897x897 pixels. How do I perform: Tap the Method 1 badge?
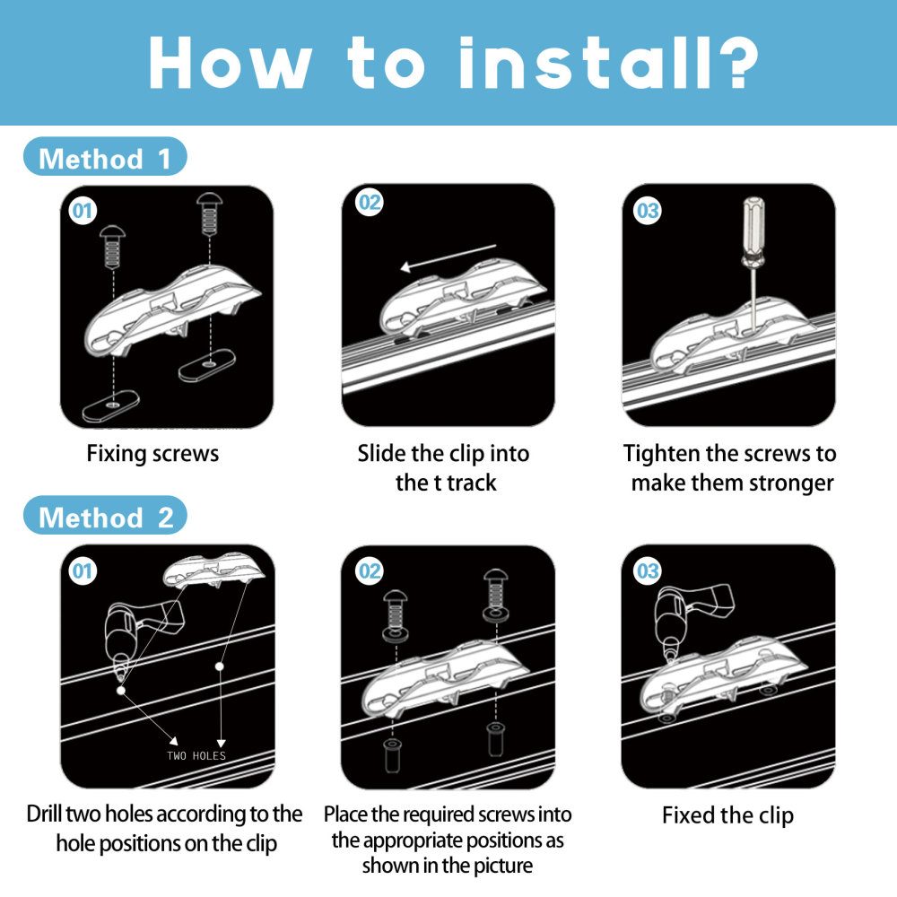click(105, 156)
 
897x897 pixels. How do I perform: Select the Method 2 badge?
click(105, 516)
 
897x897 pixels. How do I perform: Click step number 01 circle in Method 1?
click(83, 211)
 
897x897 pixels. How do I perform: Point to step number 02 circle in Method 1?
click(370, 203)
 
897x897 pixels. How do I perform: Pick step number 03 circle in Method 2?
click(648, 570)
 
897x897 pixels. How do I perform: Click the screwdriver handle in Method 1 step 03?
click(753, 225)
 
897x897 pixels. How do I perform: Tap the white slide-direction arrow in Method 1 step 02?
click(448, 257)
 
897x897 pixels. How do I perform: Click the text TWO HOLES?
click(196, 755)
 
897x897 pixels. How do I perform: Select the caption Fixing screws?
click(152, 454)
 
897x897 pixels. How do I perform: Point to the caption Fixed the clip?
click(727, 815)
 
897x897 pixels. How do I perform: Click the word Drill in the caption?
click(44, 814)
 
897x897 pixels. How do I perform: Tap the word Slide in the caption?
click(382, 453)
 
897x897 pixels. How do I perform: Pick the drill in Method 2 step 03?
click(692, 619)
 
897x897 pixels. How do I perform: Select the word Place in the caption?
click(346, 814)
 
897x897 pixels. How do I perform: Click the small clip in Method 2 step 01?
click(214, 570)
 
